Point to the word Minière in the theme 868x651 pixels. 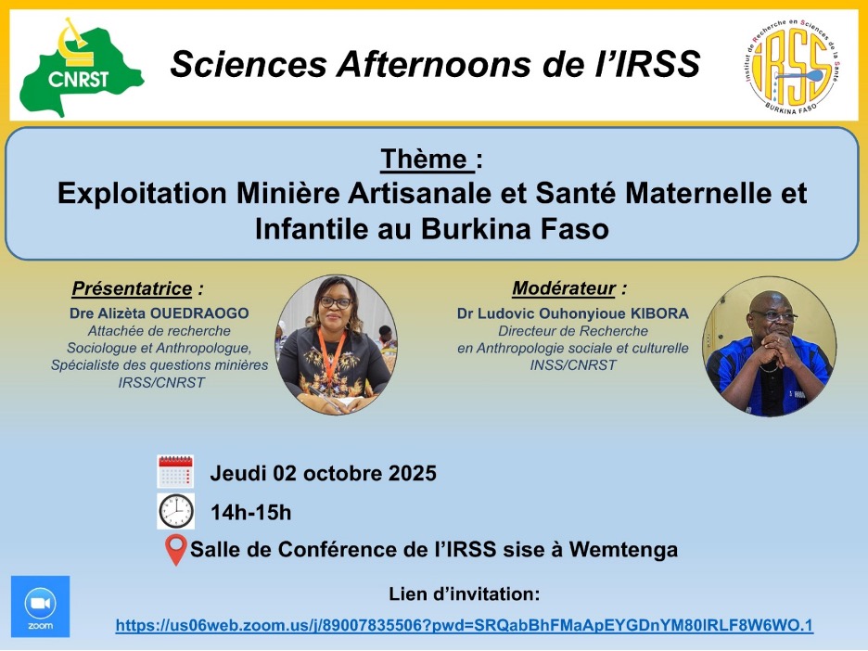point(287,193)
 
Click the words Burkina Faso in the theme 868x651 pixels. point(515,229)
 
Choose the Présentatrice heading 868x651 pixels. point(132,288)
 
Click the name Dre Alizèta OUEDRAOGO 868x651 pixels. point(160,313)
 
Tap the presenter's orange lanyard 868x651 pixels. point(332,354)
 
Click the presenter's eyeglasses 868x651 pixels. point(336,303)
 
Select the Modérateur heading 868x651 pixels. point(564,288)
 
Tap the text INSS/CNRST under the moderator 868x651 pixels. point(573,365)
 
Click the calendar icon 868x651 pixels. point(175,471)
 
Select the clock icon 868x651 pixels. point(176,511)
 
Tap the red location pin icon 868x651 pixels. point(176,550)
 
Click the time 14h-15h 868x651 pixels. point(250,513)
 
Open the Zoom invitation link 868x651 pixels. point(465,626)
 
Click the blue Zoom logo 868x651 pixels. point(41,606)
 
